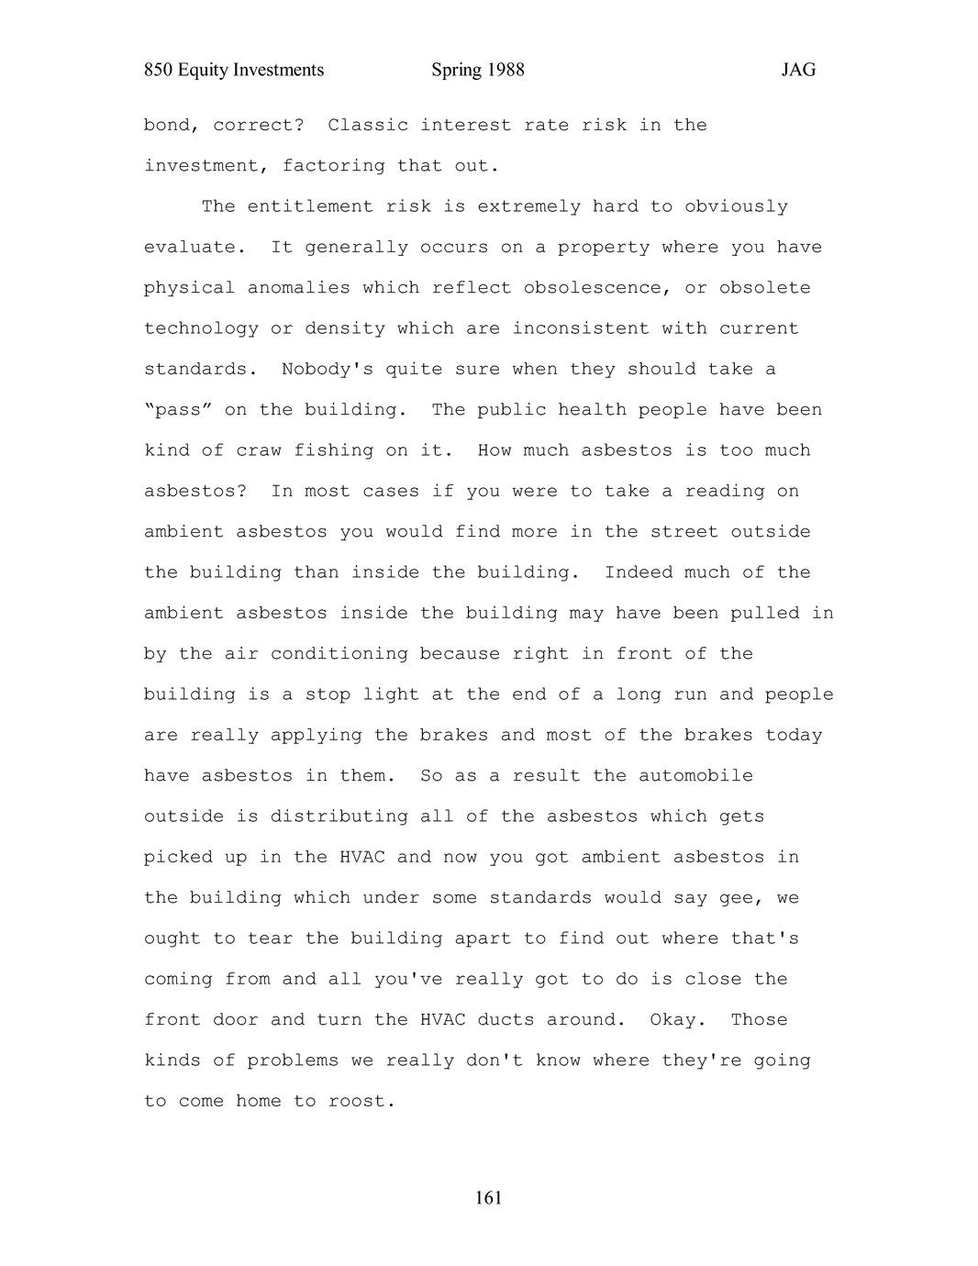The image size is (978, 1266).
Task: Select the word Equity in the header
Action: [200, 71]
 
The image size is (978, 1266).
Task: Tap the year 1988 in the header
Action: [505, 71]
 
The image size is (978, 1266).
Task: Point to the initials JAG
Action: [798, 71]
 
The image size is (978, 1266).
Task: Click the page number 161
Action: [489, 1198]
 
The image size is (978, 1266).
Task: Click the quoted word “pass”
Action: [178, 410]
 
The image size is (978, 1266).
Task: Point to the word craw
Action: [258, 450]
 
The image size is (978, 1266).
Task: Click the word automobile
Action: [695, 776]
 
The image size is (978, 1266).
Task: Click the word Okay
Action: [672, 1020]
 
